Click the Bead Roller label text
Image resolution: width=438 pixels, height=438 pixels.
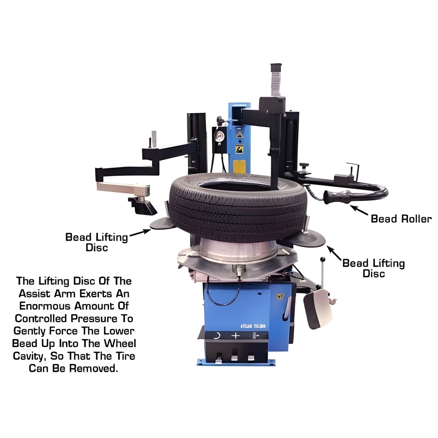[x=401, y=219]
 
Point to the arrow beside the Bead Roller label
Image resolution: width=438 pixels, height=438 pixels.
[x=359, y=210]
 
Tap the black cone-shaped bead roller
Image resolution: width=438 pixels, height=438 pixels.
[x=336, y=197]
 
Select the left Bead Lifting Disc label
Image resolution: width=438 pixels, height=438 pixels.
[x=97, y=242]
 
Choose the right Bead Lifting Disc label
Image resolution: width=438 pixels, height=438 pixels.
[x=373, y=268]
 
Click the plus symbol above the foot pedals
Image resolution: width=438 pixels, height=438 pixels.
[x=236, y=336]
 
